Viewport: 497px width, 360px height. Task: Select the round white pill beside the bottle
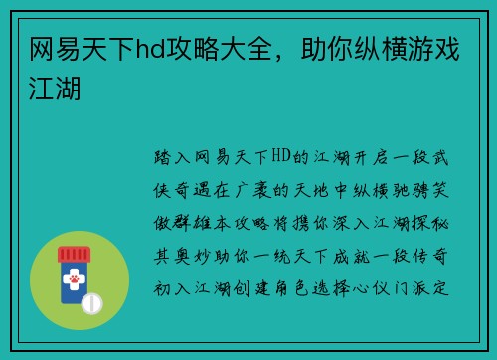click(90, 301)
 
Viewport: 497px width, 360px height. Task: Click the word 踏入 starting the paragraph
click(169, 157)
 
